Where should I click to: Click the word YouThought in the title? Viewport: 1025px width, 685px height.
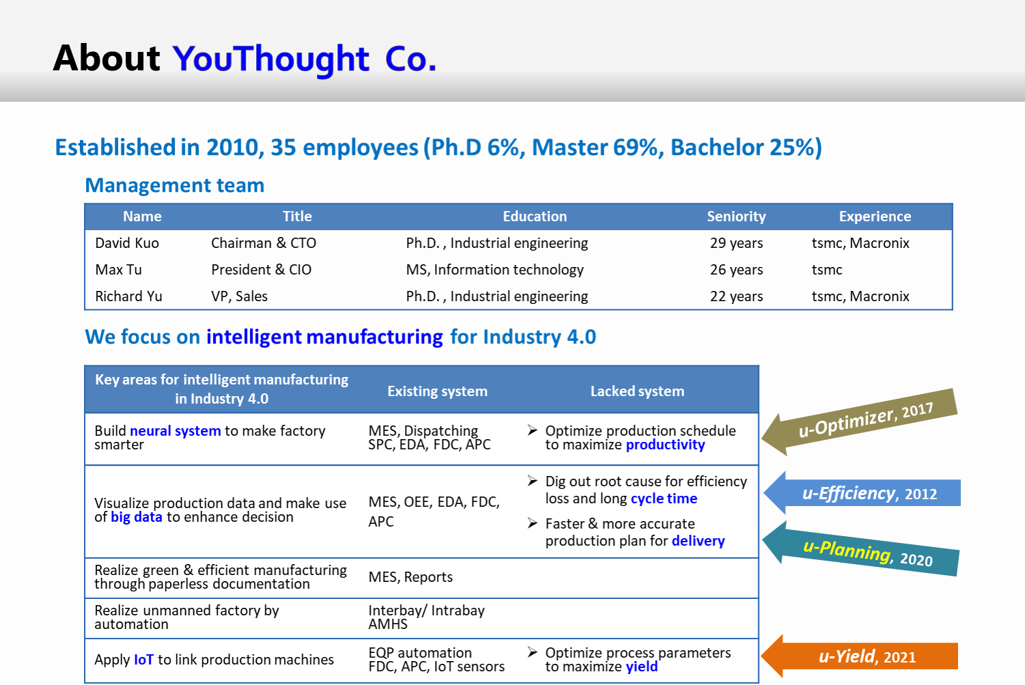[270, 59]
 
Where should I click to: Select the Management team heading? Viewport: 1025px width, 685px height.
[175, 185]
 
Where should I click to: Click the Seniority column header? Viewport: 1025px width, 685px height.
[736, 216]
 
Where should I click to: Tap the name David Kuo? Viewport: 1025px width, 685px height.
[127, 243]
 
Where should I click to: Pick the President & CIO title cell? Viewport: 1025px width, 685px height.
[262, 270]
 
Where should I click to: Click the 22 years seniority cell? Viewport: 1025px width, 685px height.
[736, 296]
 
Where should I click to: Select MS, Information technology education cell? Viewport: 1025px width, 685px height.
[494, 270]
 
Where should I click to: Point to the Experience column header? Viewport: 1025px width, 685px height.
[875, 216]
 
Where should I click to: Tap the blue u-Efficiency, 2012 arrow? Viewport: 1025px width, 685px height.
[862, 493]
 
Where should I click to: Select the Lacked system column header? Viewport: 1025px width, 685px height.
[637, 391]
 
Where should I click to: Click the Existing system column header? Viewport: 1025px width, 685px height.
[438, 391]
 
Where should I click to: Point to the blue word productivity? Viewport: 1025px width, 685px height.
[665, 445]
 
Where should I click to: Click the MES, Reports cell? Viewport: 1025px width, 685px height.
[410, 577]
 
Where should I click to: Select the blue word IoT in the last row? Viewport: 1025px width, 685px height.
[143, 659]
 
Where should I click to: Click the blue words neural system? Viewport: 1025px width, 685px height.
[175, 431]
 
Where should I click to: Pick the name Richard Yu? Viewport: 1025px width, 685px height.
[128, 296]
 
